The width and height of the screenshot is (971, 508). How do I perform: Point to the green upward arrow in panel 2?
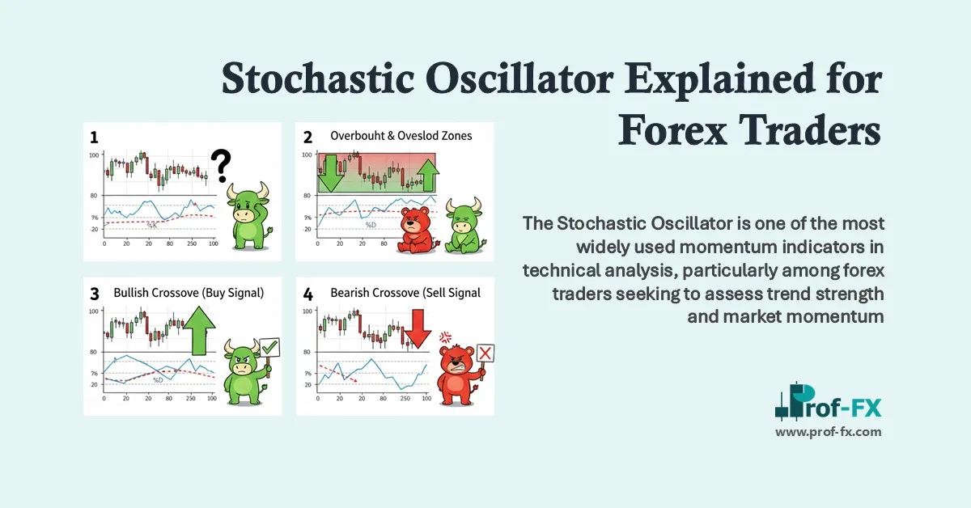(427, 175)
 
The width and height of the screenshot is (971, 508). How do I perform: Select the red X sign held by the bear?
(485, 354)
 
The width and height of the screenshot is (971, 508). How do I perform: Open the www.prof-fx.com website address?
(829, 432)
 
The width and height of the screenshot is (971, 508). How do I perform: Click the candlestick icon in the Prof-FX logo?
(784, 402)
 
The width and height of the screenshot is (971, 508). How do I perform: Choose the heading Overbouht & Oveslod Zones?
(401, 136)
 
